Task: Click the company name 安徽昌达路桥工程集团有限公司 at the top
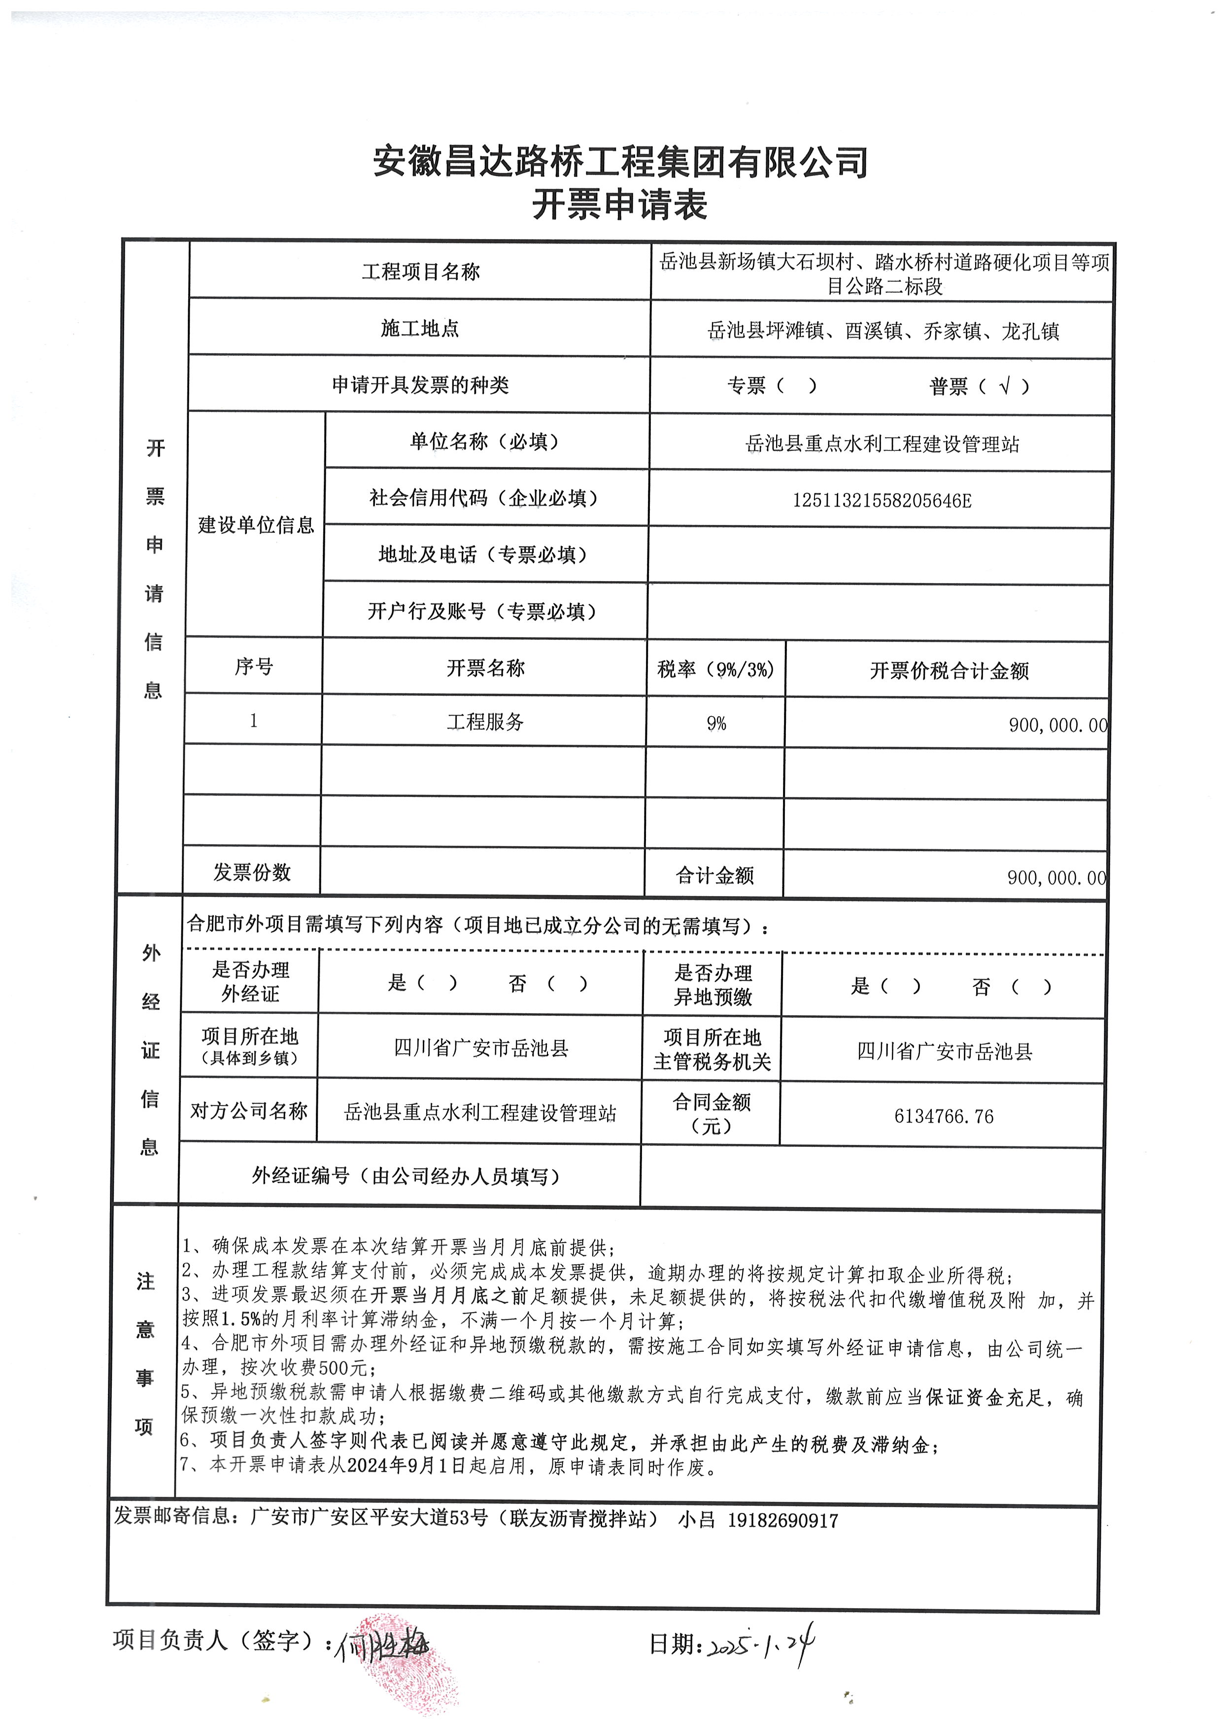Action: pos(620,162)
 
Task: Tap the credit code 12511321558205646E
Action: pos(881,500)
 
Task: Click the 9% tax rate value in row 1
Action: pos(715,723)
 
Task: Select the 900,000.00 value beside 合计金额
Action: pos(1056,877)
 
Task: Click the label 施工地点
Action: pos(420,328)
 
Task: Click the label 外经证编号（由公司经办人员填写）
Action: pos(407,1176)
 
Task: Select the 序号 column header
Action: pos(254,667)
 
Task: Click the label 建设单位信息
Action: pos(256,524)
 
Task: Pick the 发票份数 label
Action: pos(251,872)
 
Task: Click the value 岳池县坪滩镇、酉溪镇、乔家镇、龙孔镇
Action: pos(883,331)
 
